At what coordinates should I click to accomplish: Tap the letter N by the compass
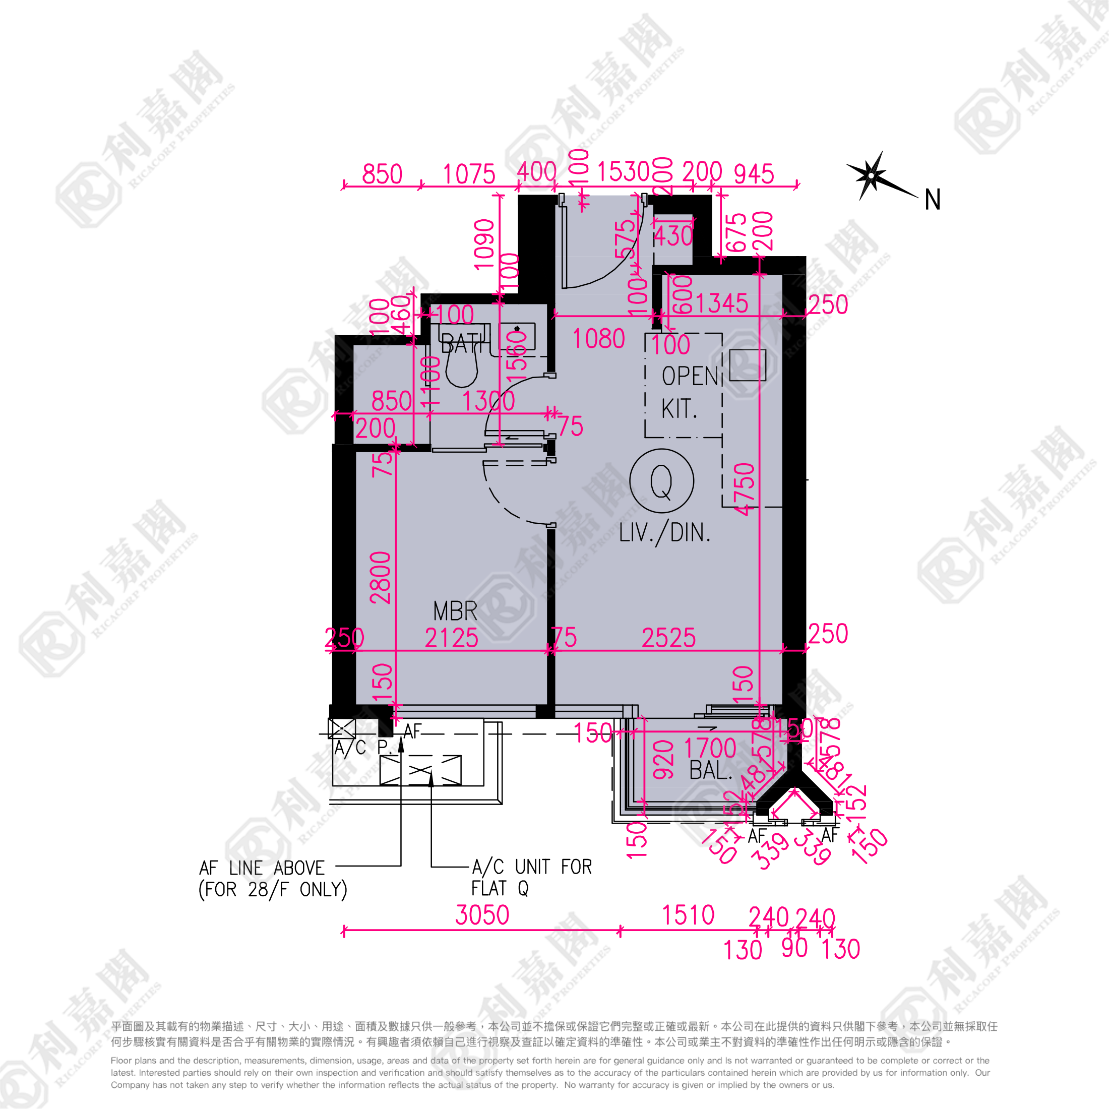click(932, 200)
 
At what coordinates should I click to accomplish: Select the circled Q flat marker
click(661, 481)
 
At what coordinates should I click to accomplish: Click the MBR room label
click(455, 611)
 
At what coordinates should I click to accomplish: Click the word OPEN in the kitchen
click(690, 377)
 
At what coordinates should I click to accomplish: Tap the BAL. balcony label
click(711, 770)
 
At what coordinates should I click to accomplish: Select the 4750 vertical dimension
click(745, 489)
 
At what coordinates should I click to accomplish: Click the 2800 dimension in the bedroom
click(381, 578)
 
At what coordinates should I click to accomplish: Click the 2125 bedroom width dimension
click(451, 638)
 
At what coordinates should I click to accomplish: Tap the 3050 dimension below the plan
click(482, 915)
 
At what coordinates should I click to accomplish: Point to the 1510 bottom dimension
click(688, 915)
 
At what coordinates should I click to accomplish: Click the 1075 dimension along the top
click(469, 174)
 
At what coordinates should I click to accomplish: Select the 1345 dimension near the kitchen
click(721, 303)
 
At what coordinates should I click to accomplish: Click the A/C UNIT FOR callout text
click(531, 867)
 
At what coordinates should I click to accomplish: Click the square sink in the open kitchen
click(748, 365)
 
